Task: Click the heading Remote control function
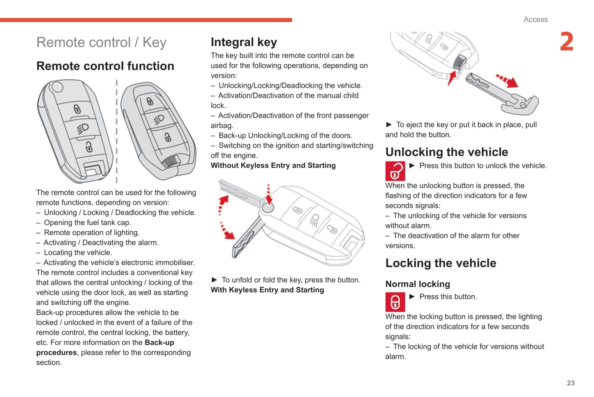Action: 105,66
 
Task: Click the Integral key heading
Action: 244,42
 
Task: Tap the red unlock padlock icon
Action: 395,171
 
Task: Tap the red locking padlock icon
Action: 395,302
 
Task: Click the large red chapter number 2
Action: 567,42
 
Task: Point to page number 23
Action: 571,383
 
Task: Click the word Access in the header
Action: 535,19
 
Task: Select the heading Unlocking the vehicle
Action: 446,152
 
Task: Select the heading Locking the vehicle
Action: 441,263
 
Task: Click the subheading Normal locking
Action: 418,284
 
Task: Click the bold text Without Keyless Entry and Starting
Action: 273,166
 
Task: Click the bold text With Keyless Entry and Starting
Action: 267,290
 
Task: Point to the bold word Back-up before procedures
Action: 159,343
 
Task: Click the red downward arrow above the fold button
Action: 269,194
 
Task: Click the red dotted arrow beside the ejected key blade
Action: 506,81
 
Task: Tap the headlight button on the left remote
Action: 83,128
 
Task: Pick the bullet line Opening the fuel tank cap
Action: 87,223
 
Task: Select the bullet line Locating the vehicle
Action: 78,253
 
